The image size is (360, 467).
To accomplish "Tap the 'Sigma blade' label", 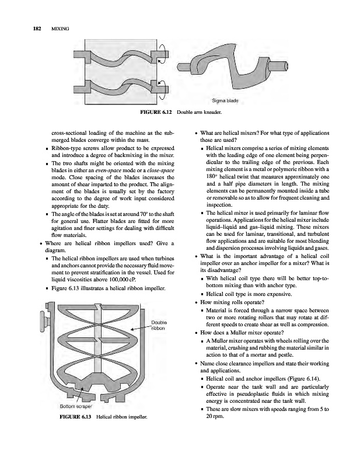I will (x=226, y=100).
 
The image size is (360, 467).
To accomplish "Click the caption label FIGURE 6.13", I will (x=76, y=418).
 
